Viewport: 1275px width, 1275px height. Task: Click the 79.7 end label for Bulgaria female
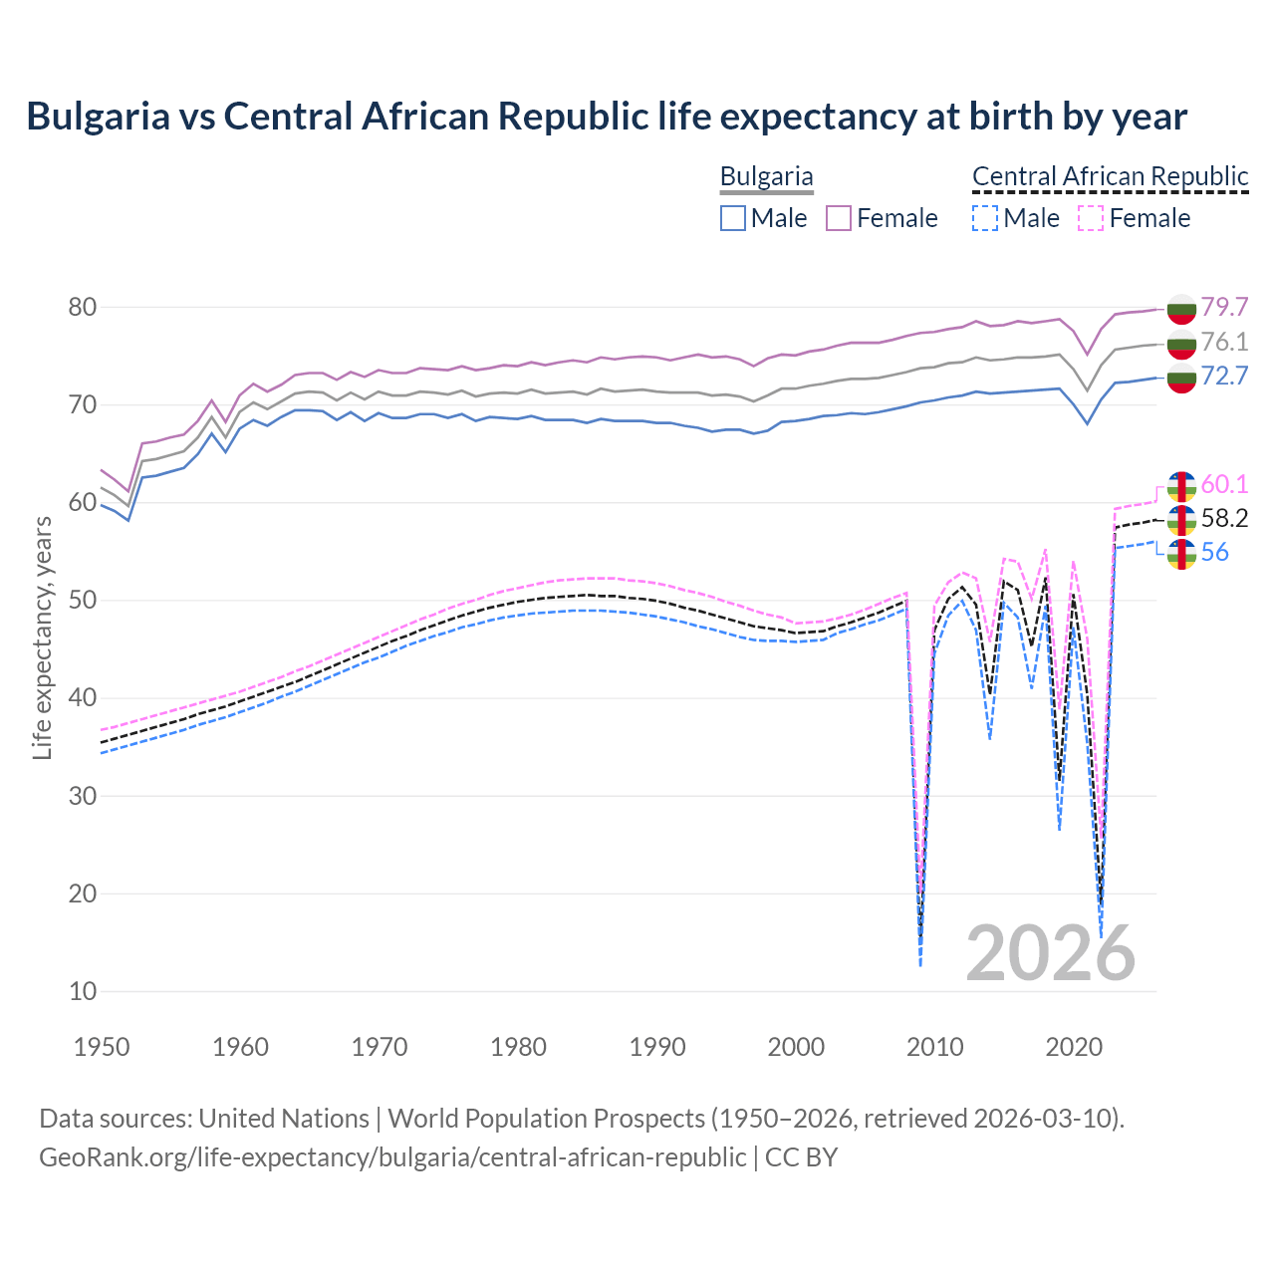click(x=1224, y=307)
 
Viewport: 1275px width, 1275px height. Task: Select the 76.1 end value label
click(x=1224, y=342)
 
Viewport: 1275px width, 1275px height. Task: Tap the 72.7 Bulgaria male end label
click(x=1224, y=376)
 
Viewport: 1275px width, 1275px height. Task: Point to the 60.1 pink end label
click(x=1224, y=484)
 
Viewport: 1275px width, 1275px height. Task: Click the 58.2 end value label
click(x=1224, y=518)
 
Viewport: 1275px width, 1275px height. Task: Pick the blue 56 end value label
click(x=1214, y=553)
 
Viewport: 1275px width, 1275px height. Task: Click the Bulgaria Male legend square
click(x=733, y=218)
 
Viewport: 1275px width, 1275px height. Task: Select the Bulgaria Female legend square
click(x=839, y=218)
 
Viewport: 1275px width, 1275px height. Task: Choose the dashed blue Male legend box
click(x=984, y=218)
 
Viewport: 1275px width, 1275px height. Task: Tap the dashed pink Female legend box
click(x=1091, y=218)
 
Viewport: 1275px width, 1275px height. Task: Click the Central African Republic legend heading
click(x=1110, y=176)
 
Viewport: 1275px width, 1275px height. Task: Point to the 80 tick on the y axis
click(x=82, y=307)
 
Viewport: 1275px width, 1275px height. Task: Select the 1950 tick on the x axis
click(x=102, y=1047)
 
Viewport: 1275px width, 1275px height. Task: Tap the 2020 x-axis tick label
click(x=1074, y=1047)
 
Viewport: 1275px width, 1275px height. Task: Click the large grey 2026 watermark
click(x=1051, y=953)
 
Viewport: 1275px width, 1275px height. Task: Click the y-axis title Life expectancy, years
click(x=42, y=637)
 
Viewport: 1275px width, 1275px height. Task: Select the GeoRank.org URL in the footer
click(x=392, y=1157)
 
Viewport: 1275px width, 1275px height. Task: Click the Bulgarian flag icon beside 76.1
click(x=1181, y=343)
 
